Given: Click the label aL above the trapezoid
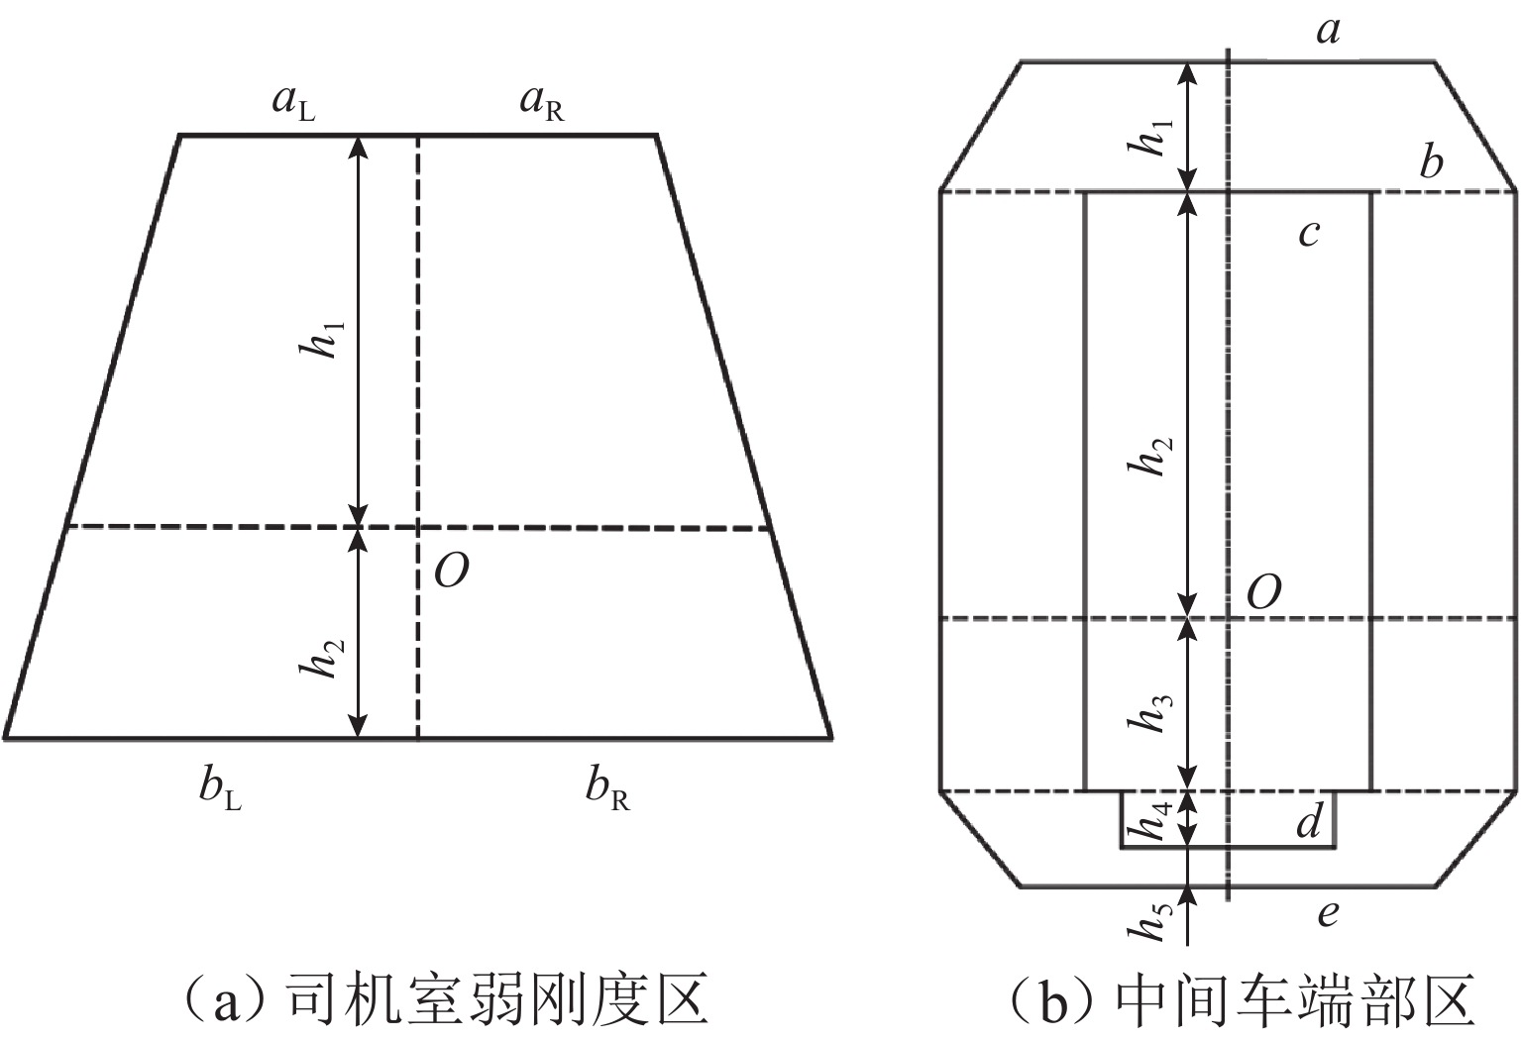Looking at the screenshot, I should pos(294,104).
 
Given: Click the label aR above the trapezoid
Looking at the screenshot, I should pos(542,104).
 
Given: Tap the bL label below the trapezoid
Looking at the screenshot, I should pos(219,788).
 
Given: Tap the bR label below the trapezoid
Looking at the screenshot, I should pos(606,788).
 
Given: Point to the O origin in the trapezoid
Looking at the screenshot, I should pos(451,571).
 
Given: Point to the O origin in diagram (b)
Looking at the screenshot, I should pos(1263,592).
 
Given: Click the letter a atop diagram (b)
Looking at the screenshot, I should pos(1328,32).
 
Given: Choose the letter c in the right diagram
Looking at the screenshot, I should pos(1309,233).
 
